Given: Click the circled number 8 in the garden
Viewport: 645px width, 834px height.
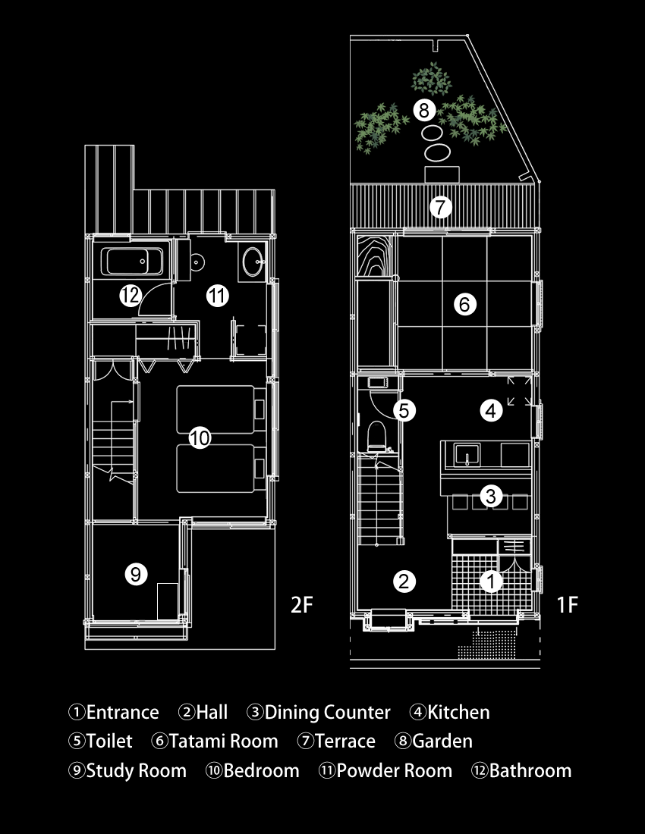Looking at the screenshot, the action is pyautogui.click(x=424, y=111).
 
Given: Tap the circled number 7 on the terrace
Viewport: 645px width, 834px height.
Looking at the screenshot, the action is pyautogui.click(x=441, y=207).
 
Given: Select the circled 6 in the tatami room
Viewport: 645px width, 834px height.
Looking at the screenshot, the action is pyautogui.click(x=464, y=304).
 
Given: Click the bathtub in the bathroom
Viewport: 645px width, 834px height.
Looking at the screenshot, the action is pyautogui.click(x=132, y=261).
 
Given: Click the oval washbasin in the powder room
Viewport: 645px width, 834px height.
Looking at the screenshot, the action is pyautogui.click(x=253, y=261).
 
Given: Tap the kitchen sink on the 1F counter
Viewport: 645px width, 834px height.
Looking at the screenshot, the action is pyautogui.click(x=467, y=455).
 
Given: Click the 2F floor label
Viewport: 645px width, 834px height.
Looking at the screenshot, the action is pyautogui.click(x=302, y=605).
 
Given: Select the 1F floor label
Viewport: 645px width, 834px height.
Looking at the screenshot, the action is pyautogui.click(x=568, y=605).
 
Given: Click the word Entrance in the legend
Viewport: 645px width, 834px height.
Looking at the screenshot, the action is pyautogui.click(x=122, y=712).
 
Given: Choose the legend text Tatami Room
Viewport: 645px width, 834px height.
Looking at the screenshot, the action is pyautogui.click(x=224, y=741).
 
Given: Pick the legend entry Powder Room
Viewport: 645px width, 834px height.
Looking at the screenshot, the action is pyautogui.click(x=395, y=771).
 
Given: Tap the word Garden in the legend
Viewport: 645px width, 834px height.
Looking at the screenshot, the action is pyautogui.click(x=442, y=741).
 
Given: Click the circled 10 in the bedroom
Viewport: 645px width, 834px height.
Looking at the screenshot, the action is pyautogui.click(x=200, y=438).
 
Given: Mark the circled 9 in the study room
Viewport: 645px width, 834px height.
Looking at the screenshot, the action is pyautogui.click(x=136, y=575).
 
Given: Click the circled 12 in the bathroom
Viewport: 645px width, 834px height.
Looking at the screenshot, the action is pyautogui.click(x=131, y=295).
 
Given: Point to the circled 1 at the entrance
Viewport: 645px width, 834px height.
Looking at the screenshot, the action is pyautogui.click(x=491, y=581).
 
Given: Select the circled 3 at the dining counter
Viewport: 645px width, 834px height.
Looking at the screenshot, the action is pyautogui.click(x=491, y=497).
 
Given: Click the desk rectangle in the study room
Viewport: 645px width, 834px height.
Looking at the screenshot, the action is pyautogui.click(x=168, y=601).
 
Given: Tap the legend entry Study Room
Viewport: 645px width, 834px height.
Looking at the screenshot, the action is pyautogui.click(x=137, y=771).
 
